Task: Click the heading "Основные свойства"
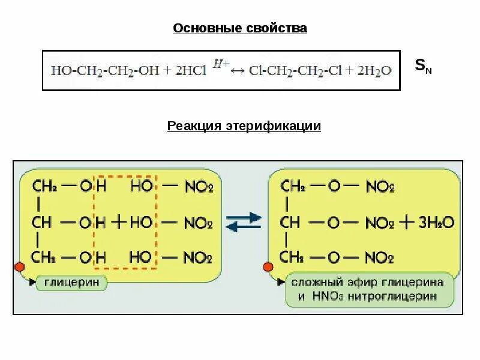(240, 28)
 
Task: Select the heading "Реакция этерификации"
(244, 126)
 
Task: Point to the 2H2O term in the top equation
(374, 71)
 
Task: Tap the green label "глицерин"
(72, 282)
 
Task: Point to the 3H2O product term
(437, 222)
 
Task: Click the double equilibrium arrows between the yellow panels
(244, 222)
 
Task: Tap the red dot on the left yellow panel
(19, 266)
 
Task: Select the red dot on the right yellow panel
(268, 266)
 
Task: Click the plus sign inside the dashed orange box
(119, 223)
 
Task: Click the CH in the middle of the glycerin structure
(42, 223)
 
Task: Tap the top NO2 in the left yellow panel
(197, 187)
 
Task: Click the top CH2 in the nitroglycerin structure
(292, 186)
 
